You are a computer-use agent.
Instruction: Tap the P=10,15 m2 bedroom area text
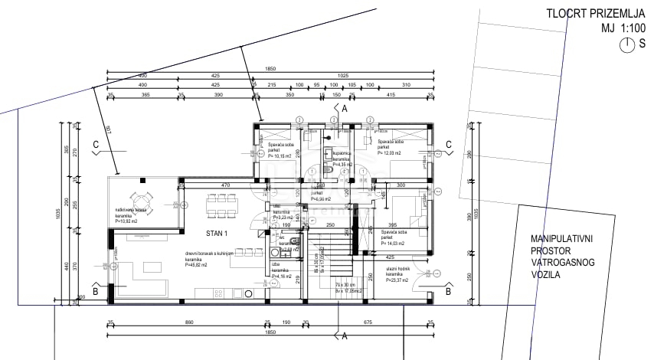[x=283, y=155]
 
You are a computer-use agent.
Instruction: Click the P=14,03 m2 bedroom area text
[x=392, y=244]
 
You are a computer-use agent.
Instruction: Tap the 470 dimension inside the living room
[x=226, y=185]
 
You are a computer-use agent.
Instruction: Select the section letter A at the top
[x=345, y=110]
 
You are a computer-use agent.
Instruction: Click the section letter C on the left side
[x=96, y=144]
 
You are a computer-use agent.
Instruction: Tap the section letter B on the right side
[x=448, y=292]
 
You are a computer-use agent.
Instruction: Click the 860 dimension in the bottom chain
[x=188, y=322]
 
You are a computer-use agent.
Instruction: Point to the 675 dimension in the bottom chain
[x=368, y=322]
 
